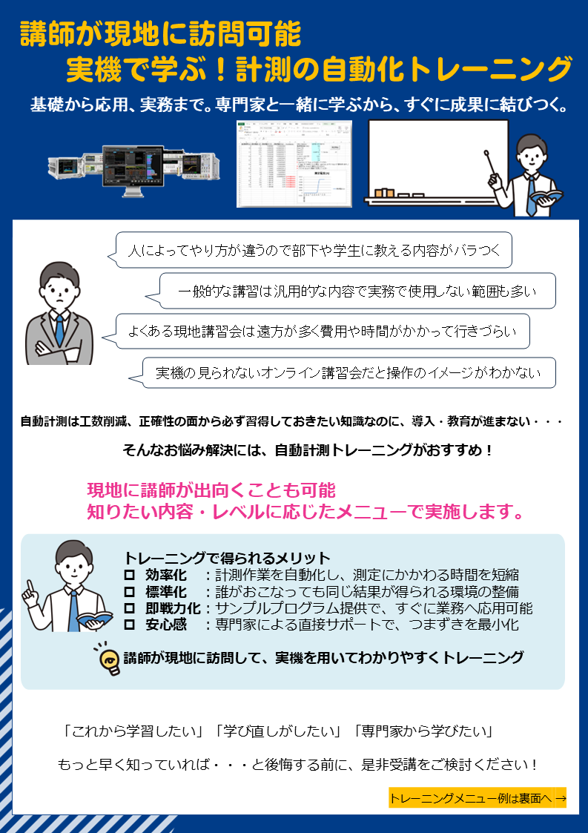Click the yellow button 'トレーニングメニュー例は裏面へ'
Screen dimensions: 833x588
(x=477, y=798)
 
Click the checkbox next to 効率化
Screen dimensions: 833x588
(x=128, y=575)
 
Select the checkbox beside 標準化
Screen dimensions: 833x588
(x=128, y=591)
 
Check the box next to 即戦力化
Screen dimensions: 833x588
(x=128, y=608)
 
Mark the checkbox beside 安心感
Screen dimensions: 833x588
(x=128, y=625)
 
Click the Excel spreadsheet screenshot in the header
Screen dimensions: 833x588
(x=294, y=164)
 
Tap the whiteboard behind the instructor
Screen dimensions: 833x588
(x=430, y=159)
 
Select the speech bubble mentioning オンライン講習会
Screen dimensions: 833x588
(x=348, y=373)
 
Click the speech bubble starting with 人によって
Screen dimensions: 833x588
(x=315, y=250)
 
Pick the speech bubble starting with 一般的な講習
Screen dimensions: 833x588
(x=357, y=291)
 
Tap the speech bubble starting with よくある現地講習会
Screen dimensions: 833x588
(x=323, y=332)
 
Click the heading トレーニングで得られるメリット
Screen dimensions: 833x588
(x=227, y=558)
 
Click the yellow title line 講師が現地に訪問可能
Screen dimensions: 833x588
(x=160, y=34)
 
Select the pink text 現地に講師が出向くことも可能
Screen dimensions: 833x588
(x=211, y=490)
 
